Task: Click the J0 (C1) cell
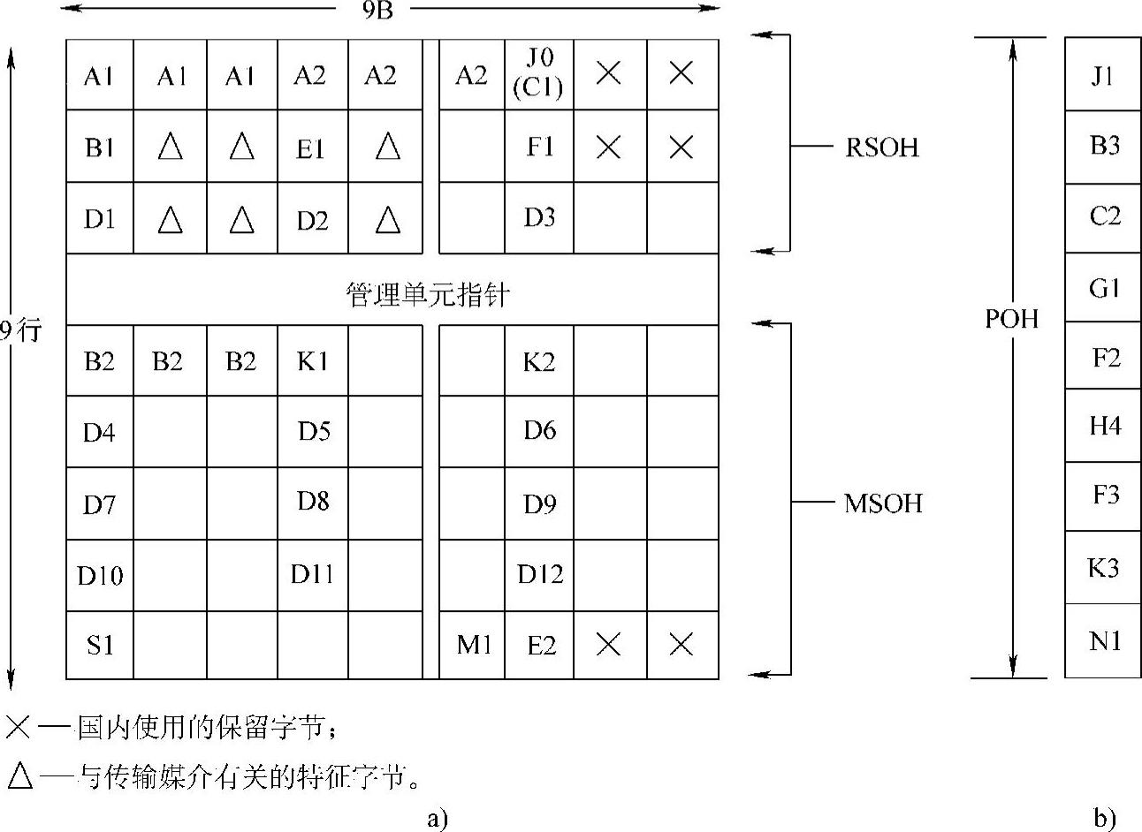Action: (x=539, y=74)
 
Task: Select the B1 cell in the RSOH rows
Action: (x=100, y=147)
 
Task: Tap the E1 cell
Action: (x=311, y=148)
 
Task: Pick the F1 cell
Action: (x=539, y=147)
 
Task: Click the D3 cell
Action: (x=539, y=218)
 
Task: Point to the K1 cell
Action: (x=312, y=361)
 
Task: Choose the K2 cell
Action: (x=539, y=361)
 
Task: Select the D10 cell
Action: (x=100, y=575)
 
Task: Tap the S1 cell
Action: (x=100, y=646)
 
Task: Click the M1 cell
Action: (x=473, y=646)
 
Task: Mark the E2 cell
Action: (x=540, y=646)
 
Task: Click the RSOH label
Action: (x=881, y=147)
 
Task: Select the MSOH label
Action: (x=882, y=503)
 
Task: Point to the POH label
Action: (x=1011, y=318)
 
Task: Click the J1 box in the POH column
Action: (x=1103, y=75)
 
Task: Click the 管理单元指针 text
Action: (x=427, y=294)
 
